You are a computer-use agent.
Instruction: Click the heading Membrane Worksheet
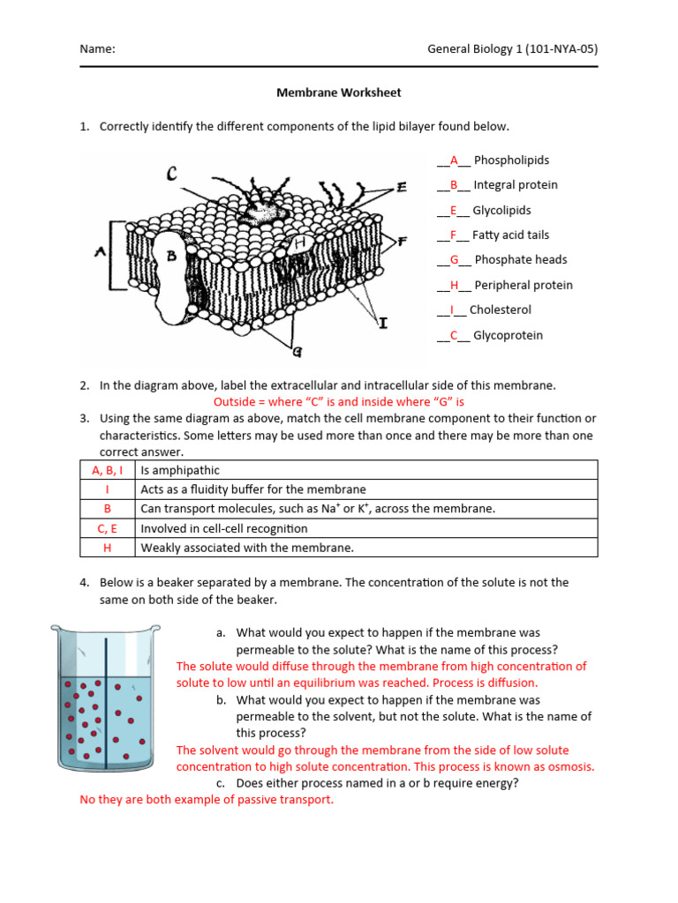(x=339, y=92)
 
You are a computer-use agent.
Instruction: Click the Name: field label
(x=97, y=49)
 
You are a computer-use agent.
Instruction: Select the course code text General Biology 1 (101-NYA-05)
(x=512, y=49)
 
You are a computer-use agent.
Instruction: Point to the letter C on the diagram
(x=171, y=175)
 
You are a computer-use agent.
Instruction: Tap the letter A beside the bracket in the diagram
(x=101, y=252)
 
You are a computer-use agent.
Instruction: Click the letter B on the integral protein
(x=173, y=256)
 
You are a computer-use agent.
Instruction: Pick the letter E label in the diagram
(x=402, y=187)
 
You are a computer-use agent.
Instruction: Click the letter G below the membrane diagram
(x=298, y=352)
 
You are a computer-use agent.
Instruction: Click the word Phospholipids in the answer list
(x=511, y=160)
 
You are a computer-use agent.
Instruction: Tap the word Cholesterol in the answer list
(x=500, y=310)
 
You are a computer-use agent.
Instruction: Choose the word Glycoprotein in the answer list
(x=508, y=335)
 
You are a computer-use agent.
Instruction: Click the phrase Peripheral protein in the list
(x=523, y=285)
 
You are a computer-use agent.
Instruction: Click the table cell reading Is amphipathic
(x=180, y=470)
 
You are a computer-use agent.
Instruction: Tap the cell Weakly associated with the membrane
(x=247, y=548)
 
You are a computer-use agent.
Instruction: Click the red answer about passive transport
(x=207, y=800)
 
